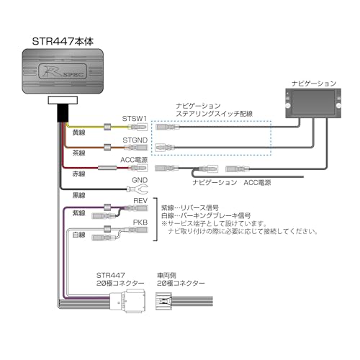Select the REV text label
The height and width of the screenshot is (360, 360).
[140, 202]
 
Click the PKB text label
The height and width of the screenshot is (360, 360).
[140, 223]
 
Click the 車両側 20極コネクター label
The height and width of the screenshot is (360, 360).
[180, 279]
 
